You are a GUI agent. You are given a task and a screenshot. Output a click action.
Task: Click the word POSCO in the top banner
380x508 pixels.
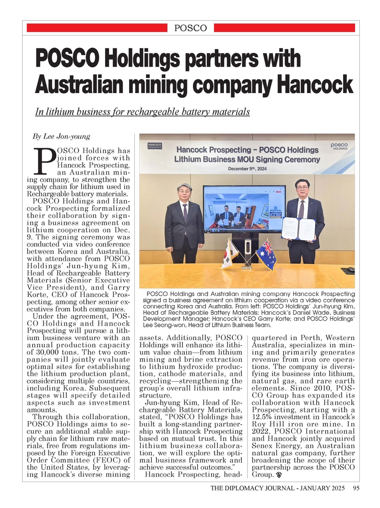pos(190,28)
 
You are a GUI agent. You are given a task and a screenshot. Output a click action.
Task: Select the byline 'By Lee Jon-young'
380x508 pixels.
pos(61,137)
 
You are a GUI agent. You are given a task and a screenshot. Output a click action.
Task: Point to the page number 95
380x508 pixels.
pos(356,489)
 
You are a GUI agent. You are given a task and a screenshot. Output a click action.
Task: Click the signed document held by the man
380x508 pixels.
pos(298,228)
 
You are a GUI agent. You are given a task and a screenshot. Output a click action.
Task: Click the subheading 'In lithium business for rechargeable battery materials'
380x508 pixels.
pos(142,112)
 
